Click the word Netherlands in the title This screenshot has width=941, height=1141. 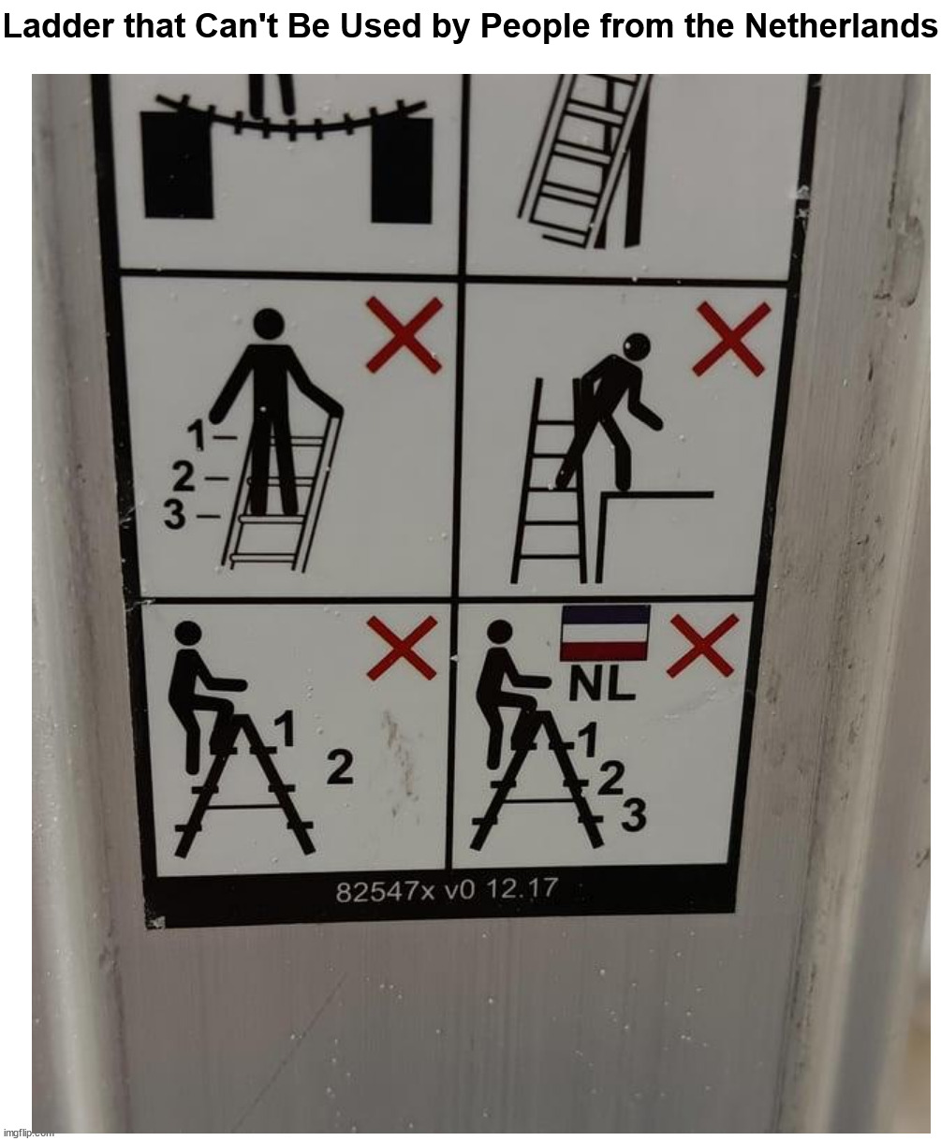pyautogui.click(x=841, y=25)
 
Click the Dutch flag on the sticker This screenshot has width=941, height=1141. pyautogui.click(x=605, y=633)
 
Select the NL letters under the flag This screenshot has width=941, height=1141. pyautogui.click(x=601, y=685)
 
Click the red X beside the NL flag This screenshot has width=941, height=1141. pyautogui.click(x=702, y=646)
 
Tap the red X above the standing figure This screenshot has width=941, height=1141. pyautogui.click(x=404, y=335)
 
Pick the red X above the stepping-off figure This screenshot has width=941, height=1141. pyautogui.click(x=731, y=340)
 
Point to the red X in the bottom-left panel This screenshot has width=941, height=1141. pyautogui.click(x=402, y=648)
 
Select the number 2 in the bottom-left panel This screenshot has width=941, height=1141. pyautogui.click(x=340, y=768)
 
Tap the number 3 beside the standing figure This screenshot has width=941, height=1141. pyautogui.click(x=175, y=514)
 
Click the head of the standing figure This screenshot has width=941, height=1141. pyautogui.click(x=269, y=324)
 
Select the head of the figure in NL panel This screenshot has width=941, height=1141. pyautogui.click(x=499, y=632)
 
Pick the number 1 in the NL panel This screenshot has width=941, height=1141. pyautogui.click(x=587, y=739)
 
